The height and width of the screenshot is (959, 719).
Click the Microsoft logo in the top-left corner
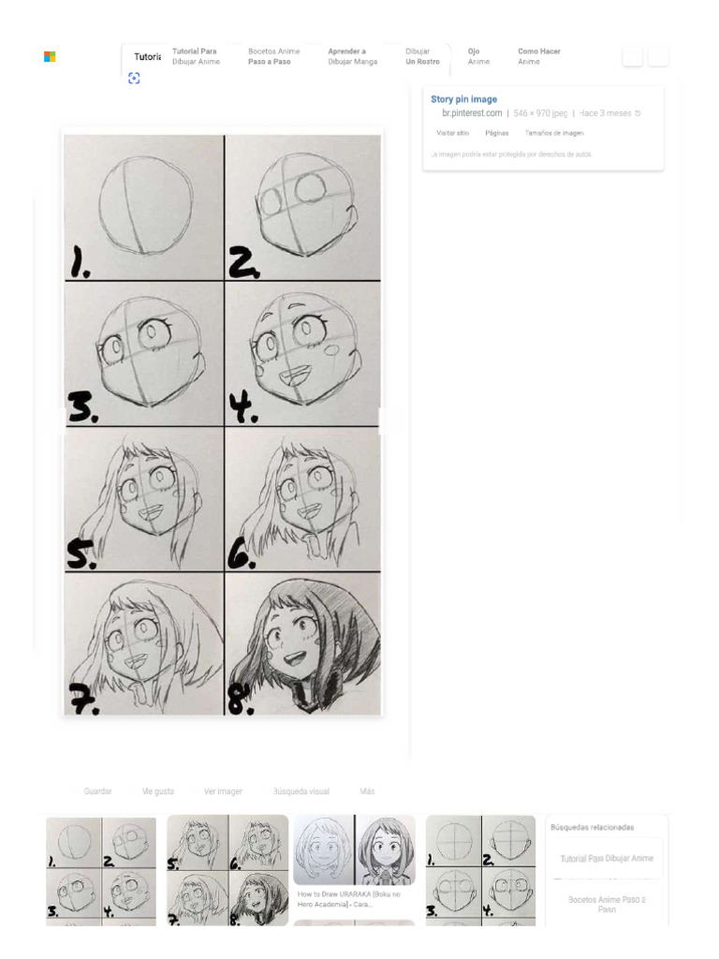pyautogui.click(x=50, y=57)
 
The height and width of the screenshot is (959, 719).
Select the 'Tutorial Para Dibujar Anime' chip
pyautogui.click(x=195, y=56)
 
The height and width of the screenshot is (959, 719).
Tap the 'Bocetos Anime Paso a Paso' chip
pyautogui.click(x=273, y=56)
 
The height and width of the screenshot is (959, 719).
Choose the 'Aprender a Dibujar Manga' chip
pyautogui.click(x=352, y=56)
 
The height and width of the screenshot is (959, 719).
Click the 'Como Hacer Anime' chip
pyautogui.click(x=538, y=56)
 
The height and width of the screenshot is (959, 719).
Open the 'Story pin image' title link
pyautogui.click(x=463, y=99)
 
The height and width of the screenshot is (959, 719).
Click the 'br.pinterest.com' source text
pyautogui.click(x=472, y=113)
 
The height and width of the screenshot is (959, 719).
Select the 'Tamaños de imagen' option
pyautogui.click(x=553, y=133)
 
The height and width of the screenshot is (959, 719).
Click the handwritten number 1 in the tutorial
pyautogui.click(x=80, y=265)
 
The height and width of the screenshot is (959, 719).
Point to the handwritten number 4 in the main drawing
pyautogui.click(x=242, y=407)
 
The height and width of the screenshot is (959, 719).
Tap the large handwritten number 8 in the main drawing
pyautogui.click(x=242, y=699)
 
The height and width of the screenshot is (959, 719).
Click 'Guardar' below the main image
pyautogui.click(x=97, y=791)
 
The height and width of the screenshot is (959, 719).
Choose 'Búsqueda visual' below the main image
pyautogui.click(x=301, y=791)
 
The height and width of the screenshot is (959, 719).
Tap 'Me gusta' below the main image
pyautogui.click(x=157, y=791)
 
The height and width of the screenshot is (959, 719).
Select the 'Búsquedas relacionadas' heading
pyautogui.click(x=592, y=828)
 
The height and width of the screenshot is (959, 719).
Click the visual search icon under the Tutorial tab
pyautogui.click(x=134, y=79)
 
